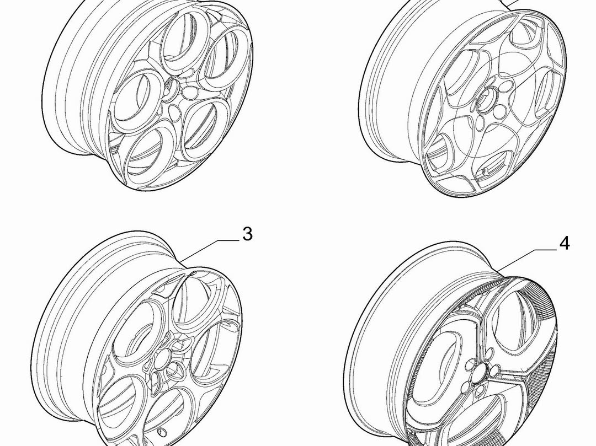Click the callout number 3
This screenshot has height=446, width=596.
tap(247, 234)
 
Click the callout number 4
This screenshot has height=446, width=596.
tap(565, 243)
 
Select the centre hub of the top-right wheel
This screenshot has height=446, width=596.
tap(487, 98)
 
